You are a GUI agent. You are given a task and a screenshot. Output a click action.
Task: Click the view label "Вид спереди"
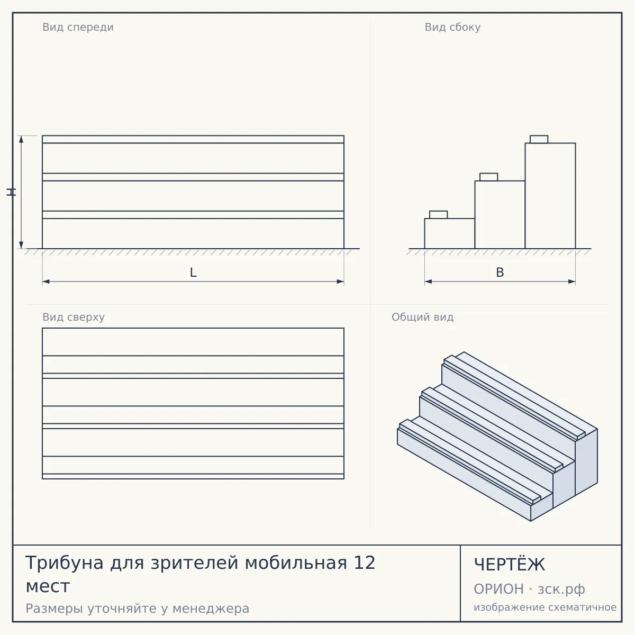point(78,28)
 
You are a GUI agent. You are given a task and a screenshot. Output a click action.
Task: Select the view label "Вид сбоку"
point(452,28)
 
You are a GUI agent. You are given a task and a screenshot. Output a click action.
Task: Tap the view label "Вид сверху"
point(74,317)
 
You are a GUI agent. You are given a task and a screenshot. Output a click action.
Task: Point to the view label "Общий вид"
point(422,317)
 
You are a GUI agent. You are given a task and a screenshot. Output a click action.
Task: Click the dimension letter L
point(194,273)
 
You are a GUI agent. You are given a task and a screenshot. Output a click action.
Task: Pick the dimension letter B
point(500,273)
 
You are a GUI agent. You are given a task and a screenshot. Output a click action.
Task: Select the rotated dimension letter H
point(11,192)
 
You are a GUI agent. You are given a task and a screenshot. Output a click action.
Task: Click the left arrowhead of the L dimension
point(46,282)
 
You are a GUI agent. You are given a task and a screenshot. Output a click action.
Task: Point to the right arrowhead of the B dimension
point(571,282)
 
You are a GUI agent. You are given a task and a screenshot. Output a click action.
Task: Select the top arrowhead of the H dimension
point(21,139)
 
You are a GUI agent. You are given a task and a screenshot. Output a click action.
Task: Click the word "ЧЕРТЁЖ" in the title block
point(509,565)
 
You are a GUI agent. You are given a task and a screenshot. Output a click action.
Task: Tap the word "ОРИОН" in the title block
point(498,589)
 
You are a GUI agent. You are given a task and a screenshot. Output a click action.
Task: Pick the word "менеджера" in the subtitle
point(211,609)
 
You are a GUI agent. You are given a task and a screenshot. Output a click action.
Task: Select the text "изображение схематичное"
point(545,607)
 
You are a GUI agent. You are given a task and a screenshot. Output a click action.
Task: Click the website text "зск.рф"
point(561,589)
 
